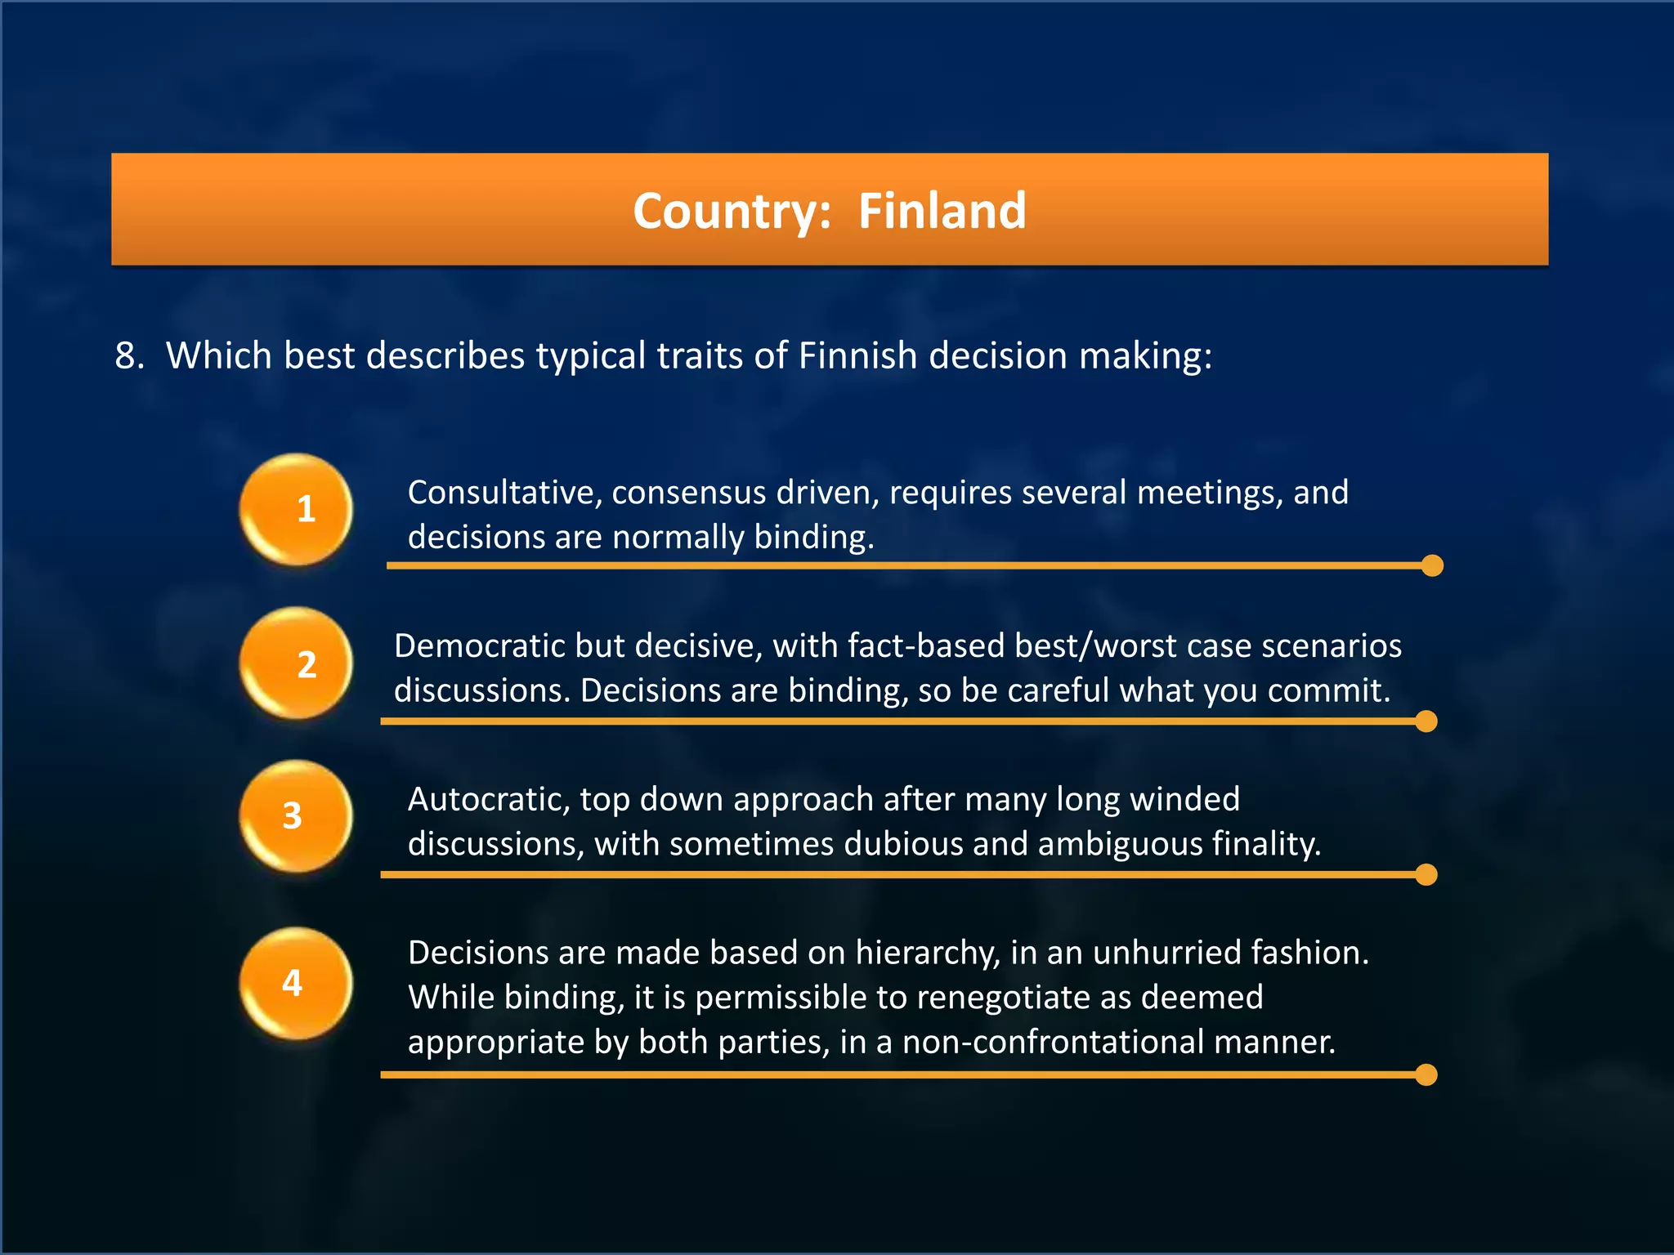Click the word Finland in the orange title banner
pos(942,211)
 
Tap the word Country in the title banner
pos(726,212)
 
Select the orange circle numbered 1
pos(296,509)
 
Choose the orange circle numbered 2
pos(296,663)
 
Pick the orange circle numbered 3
pos(296,815)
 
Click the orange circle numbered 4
pos(296,983)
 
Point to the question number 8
pos(128,356)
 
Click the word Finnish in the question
pos(857,356)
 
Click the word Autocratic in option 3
pos(488,799)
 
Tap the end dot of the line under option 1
pos(1432,565)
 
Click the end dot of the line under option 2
pos(1426,721)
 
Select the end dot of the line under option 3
pos(1426,875)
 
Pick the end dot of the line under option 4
pos(1426,1075)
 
